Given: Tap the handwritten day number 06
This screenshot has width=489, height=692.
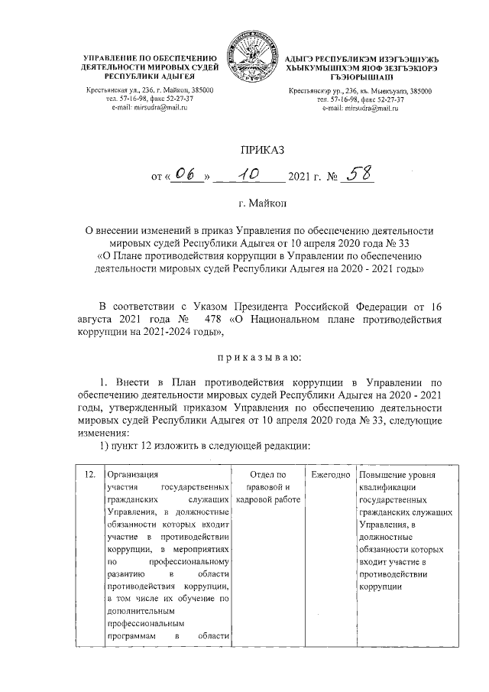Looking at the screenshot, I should (186, 177).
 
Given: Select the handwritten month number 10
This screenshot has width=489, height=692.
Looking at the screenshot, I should (248, 177).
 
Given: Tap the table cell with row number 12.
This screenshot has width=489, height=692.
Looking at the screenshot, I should (89, 475).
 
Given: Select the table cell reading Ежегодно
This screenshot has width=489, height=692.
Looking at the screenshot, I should (329, 475).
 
